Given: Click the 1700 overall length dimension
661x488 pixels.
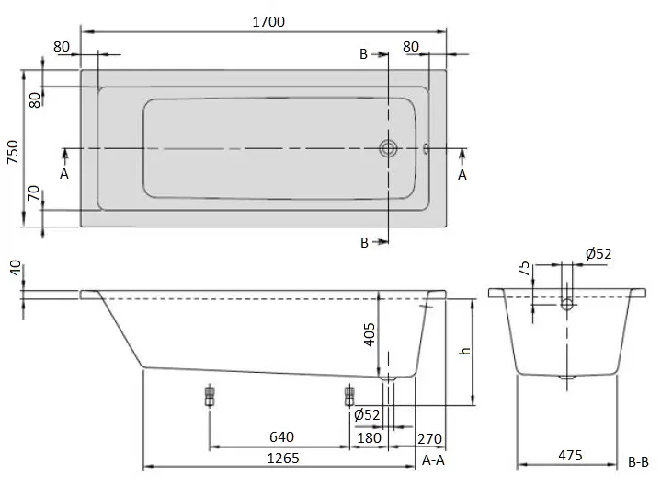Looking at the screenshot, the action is (x=268, y=21).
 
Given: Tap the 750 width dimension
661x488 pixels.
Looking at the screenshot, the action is (x=13, y=152).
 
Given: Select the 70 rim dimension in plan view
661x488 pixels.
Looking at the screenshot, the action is (x=34, y=193).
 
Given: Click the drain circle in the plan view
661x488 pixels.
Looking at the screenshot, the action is (x=388, y=148).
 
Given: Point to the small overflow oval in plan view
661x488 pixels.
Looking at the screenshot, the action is (x=426, y=148).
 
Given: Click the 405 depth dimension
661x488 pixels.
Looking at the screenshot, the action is (x=370, y=335).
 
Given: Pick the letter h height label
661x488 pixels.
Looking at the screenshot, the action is (x=465, y=351).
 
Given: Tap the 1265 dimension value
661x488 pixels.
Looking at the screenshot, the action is (x=283, y=458).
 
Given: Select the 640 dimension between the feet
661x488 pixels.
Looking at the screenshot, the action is (x=281, y=437).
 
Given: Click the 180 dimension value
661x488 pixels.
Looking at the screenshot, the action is (x=369, y=437).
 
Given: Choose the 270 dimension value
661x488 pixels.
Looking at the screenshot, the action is (x=429, y=439).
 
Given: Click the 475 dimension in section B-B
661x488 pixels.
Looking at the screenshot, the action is (x=570, y=455).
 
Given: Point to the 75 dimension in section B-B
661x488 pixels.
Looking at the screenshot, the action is (x=524, y=269).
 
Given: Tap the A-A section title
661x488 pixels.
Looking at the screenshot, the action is (x=433, y=460).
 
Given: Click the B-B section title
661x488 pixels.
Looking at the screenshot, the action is (x=638, y=462).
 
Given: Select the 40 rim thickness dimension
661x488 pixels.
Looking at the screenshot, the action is (x=16, y=268).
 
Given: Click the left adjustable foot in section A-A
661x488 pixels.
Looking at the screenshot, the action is (x=210, y=396).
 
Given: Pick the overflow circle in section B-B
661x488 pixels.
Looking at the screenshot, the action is (x=567, y=304).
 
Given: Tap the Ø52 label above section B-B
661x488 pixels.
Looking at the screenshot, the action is (x=598, y=253).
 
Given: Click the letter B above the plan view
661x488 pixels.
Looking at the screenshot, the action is (x=363, y=54).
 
